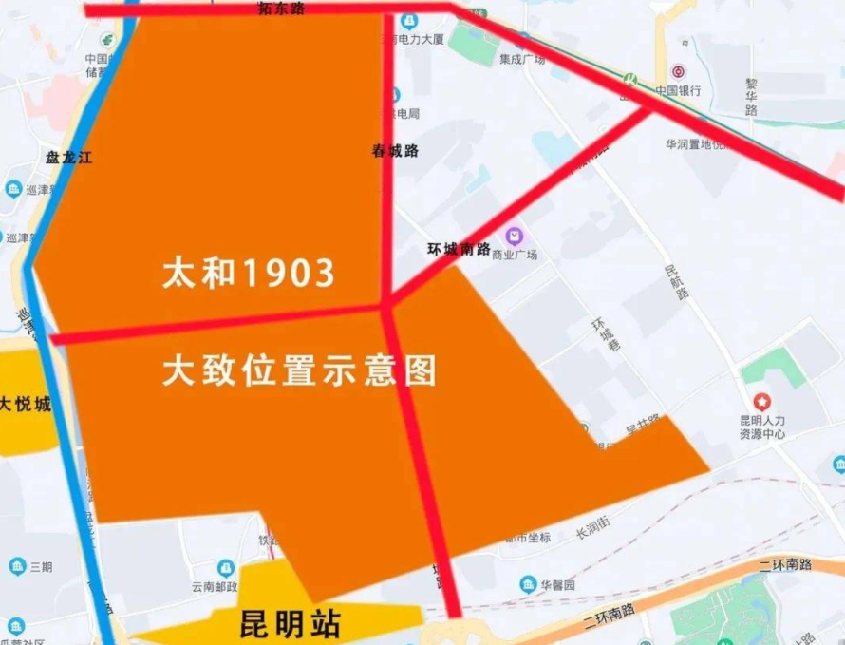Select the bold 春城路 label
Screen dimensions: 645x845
click(x=395, y=150)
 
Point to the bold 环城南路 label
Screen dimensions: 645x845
click(x=459, y=249)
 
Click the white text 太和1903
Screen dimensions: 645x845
click(x=249, y=274)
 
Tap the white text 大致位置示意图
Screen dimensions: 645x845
click(x=299, y=370)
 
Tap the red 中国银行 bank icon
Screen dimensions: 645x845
click(x=678, y=72)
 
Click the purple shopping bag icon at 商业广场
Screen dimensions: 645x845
click(x=514, y=235)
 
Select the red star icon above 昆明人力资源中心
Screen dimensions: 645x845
click(x=762, y=402)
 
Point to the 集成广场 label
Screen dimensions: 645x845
click(x=522, y=59)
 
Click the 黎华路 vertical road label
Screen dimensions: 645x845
click(x=751, y=96)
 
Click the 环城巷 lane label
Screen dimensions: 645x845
click(x=602, y=335)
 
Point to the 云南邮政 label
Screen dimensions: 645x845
click(x=213, y=587)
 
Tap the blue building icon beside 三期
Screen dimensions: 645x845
click(x=17, y=567)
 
